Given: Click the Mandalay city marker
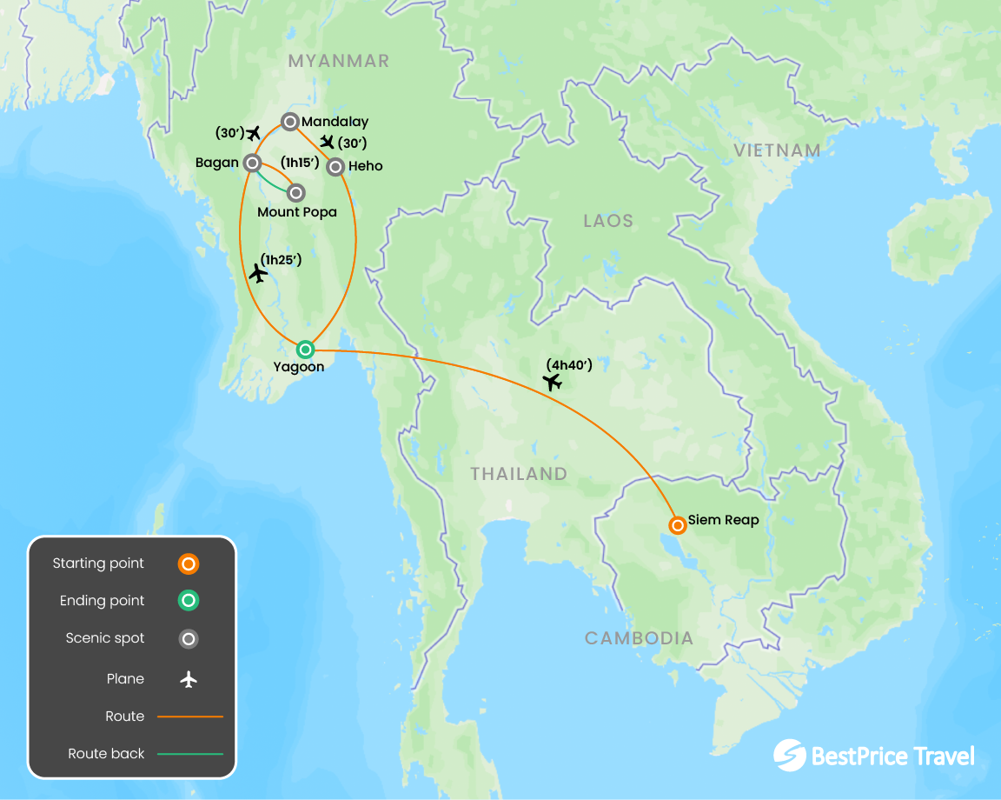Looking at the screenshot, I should [291, 122].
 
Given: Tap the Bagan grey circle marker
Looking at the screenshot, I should [252, 163].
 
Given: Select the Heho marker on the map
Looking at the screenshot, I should [335, 167].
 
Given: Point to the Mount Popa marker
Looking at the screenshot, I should [295, 192].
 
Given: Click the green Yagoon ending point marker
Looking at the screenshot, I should [305, 350].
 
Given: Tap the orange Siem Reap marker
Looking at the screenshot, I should [677, 525].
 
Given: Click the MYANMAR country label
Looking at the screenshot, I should [339, 61].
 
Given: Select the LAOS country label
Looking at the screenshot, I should [608, 221].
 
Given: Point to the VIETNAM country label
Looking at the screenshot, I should [777, 150].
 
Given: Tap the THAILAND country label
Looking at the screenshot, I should [519, 474].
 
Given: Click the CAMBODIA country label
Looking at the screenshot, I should [639, 638].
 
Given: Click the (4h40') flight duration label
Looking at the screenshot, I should [569, 364].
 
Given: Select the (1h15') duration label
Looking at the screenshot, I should [300, 163].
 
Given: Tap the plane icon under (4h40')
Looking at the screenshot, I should [552, 382].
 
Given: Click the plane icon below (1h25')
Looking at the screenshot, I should [258, 274].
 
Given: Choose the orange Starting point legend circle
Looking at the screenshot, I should [189, 563].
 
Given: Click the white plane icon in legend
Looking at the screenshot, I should [189, 679].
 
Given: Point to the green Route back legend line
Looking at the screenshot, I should [190, 754].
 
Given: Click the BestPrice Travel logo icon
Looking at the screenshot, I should [790, 755].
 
